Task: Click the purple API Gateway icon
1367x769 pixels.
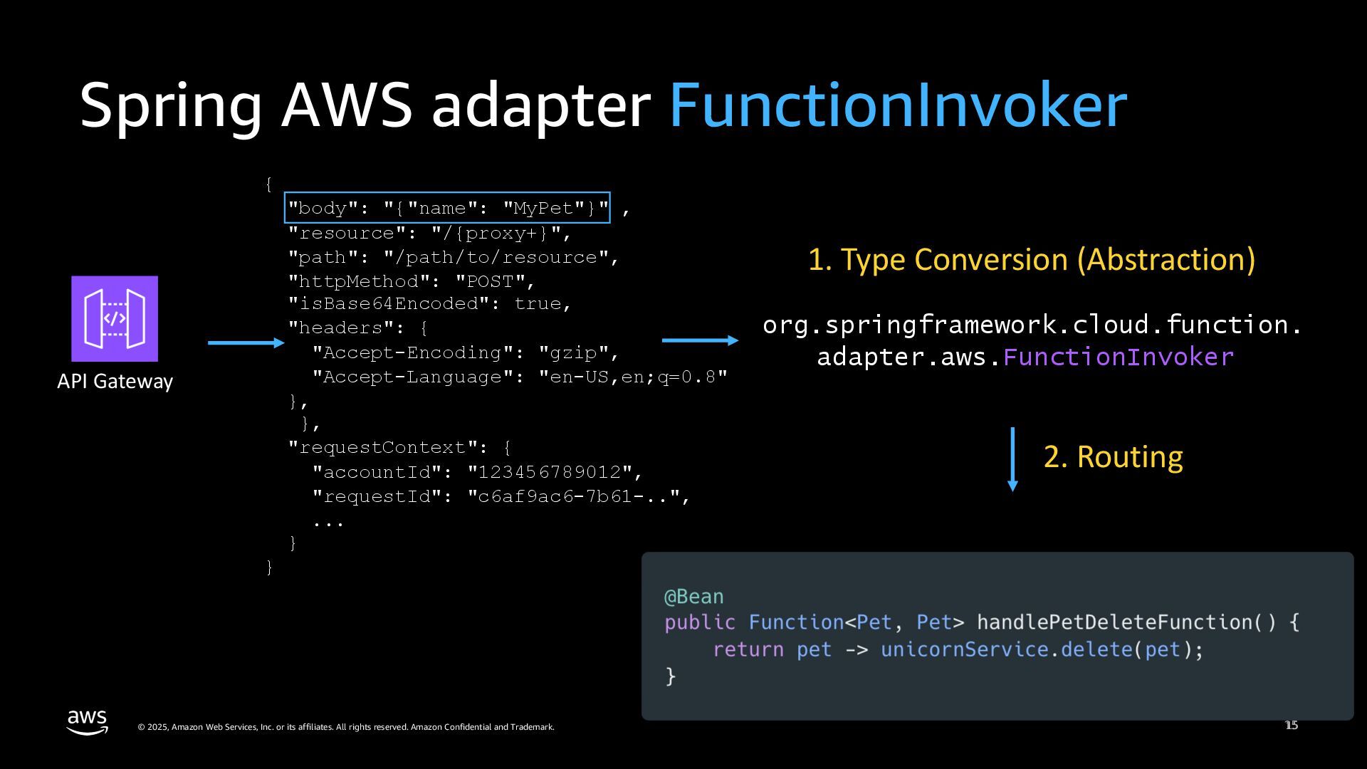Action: [x=115, y=318]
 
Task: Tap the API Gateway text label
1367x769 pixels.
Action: [x=115, y=382]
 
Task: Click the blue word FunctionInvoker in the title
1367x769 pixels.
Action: [x=898, y=105]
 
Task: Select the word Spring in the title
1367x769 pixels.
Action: [x=171, y=105]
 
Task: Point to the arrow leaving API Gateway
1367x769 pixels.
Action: [x=246, y=342]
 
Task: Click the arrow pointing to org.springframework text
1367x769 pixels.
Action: [x=700, y=340]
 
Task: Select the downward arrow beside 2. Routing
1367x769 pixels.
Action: [x=1012, y=459]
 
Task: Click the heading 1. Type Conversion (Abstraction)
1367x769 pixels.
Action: [x=1032, y=259]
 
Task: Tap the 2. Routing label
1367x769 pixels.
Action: [x=1113, y=456]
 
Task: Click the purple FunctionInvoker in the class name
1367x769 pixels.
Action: [x=1118, y=357]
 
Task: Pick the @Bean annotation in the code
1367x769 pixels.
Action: [x=693, y=597]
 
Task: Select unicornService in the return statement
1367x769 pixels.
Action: [x=964, y=649]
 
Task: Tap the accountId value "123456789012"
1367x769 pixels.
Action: [x=549, y=472]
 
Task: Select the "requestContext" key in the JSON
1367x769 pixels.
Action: [x=382, y=447]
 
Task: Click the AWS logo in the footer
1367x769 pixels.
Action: [x=88, y=722]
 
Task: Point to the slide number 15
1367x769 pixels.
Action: [x=1292, y=725]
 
